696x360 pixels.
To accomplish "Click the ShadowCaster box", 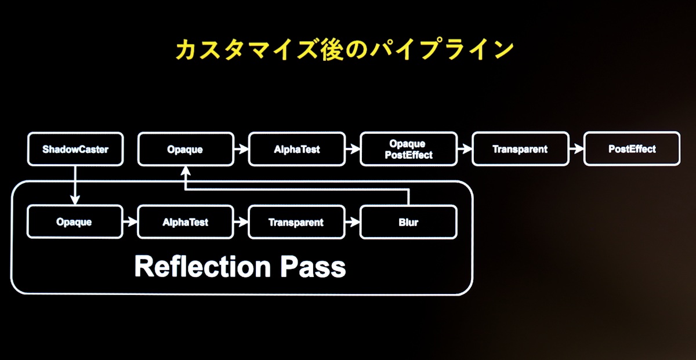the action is tap(75, 149).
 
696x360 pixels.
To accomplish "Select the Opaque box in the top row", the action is tap(186, 149).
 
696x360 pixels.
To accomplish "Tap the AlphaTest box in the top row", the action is tap(297, 149).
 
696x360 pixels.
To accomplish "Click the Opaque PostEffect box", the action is tap(408, 149).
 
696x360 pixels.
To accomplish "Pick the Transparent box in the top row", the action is tap(520, 149).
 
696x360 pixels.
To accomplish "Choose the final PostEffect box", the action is tap(632, 148).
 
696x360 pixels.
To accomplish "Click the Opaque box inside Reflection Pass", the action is tap(75, 222).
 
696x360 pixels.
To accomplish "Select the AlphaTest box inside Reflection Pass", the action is tap(186, 222).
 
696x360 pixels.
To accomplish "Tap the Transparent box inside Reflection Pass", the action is tap(297, 222).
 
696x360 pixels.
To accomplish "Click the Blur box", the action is tap(408, 222).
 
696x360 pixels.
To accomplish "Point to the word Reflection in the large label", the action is tap(202, 266).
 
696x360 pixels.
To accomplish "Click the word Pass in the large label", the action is tap(313, 266).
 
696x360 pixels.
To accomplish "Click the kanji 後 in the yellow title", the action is tap(332, 49).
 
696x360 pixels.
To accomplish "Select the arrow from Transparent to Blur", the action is tap(353, 222).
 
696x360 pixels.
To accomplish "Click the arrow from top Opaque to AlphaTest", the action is tap(241, 150).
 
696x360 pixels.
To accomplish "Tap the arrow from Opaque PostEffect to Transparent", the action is tap(465, 149).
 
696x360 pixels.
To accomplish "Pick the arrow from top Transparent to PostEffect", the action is tap(577, 149).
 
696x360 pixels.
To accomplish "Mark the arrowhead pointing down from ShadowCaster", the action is tap(75, 200).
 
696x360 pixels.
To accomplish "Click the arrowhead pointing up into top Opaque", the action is tap(186, 171).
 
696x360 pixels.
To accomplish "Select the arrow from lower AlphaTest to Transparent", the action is tap(241, 222).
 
